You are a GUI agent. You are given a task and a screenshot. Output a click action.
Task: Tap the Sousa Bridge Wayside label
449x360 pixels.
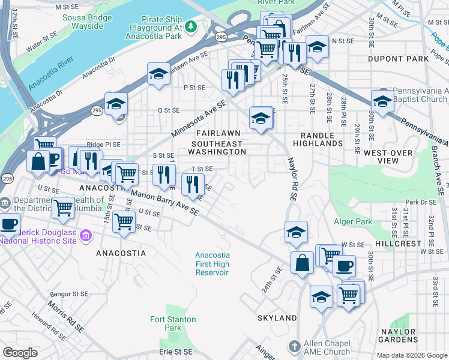(x=87, y=22)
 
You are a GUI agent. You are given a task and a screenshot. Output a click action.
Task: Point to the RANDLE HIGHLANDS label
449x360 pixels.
(x=318, y=139)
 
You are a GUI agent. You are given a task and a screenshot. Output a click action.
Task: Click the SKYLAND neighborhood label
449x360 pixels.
(x=277, y=317)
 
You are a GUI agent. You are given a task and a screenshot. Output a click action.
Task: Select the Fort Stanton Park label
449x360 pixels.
(x=166, y=323)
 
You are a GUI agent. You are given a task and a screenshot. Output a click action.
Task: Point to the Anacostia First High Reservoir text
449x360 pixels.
(x=212, y=263)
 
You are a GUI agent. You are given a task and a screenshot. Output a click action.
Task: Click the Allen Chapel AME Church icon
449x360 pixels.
(x=294, y=346)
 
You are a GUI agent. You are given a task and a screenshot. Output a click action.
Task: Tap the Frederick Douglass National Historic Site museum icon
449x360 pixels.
(x=86, y=235)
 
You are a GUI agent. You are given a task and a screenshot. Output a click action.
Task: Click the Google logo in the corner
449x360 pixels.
(x=20, y=353)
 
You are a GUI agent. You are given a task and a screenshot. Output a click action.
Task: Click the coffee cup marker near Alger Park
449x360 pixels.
(x=344, y=266)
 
